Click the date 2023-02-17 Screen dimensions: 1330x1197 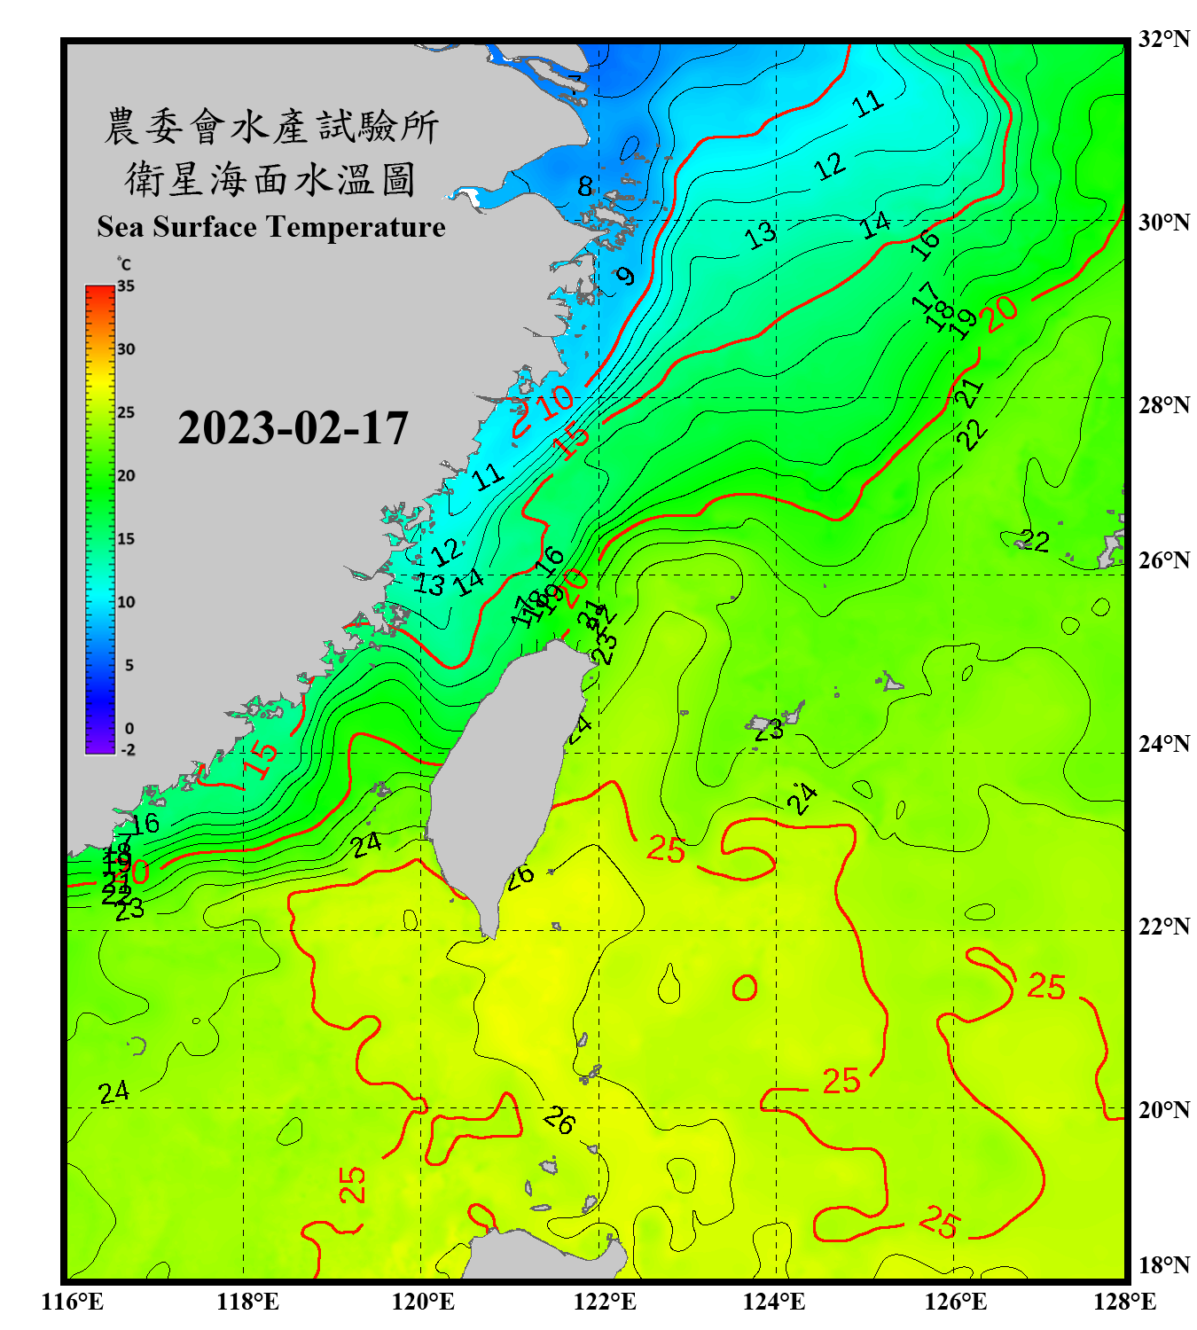(x=293, y=428)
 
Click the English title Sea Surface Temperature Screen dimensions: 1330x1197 (x=271, y=227)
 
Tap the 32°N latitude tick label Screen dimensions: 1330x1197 (x=1163, y=39)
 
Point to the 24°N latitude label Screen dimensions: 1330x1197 (x=1163, y=744)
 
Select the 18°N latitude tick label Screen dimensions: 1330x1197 (x=1163, y=1265)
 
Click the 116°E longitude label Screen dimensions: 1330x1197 (x=73, y=1302)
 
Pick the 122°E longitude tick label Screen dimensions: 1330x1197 (x=605, y=1302)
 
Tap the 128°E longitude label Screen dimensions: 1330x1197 (x=1124, y=1302)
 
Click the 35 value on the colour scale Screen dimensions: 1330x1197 (x=126, y=286)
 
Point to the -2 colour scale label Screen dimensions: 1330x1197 (x=128, y=750)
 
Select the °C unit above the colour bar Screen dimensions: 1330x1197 (x=124, y=264)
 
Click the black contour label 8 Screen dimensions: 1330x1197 (x=585, y=187)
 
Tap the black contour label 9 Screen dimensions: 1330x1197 (x=626, y=276)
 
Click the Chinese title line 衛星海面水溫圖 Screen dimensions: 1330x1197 (x=270, y=179)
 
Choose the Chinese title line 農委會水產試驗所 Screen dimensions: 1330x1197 (x=270, y=127)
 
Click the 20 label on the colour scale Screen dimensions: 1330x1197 (x=126, y=476)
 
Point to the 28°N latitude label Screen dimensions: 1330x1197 (x=1163, y=405)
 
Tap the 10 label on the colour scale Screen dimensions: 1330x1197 (x=126, y=602)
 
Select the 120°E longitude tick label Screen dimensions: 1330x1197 (x=423, y=1302)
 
